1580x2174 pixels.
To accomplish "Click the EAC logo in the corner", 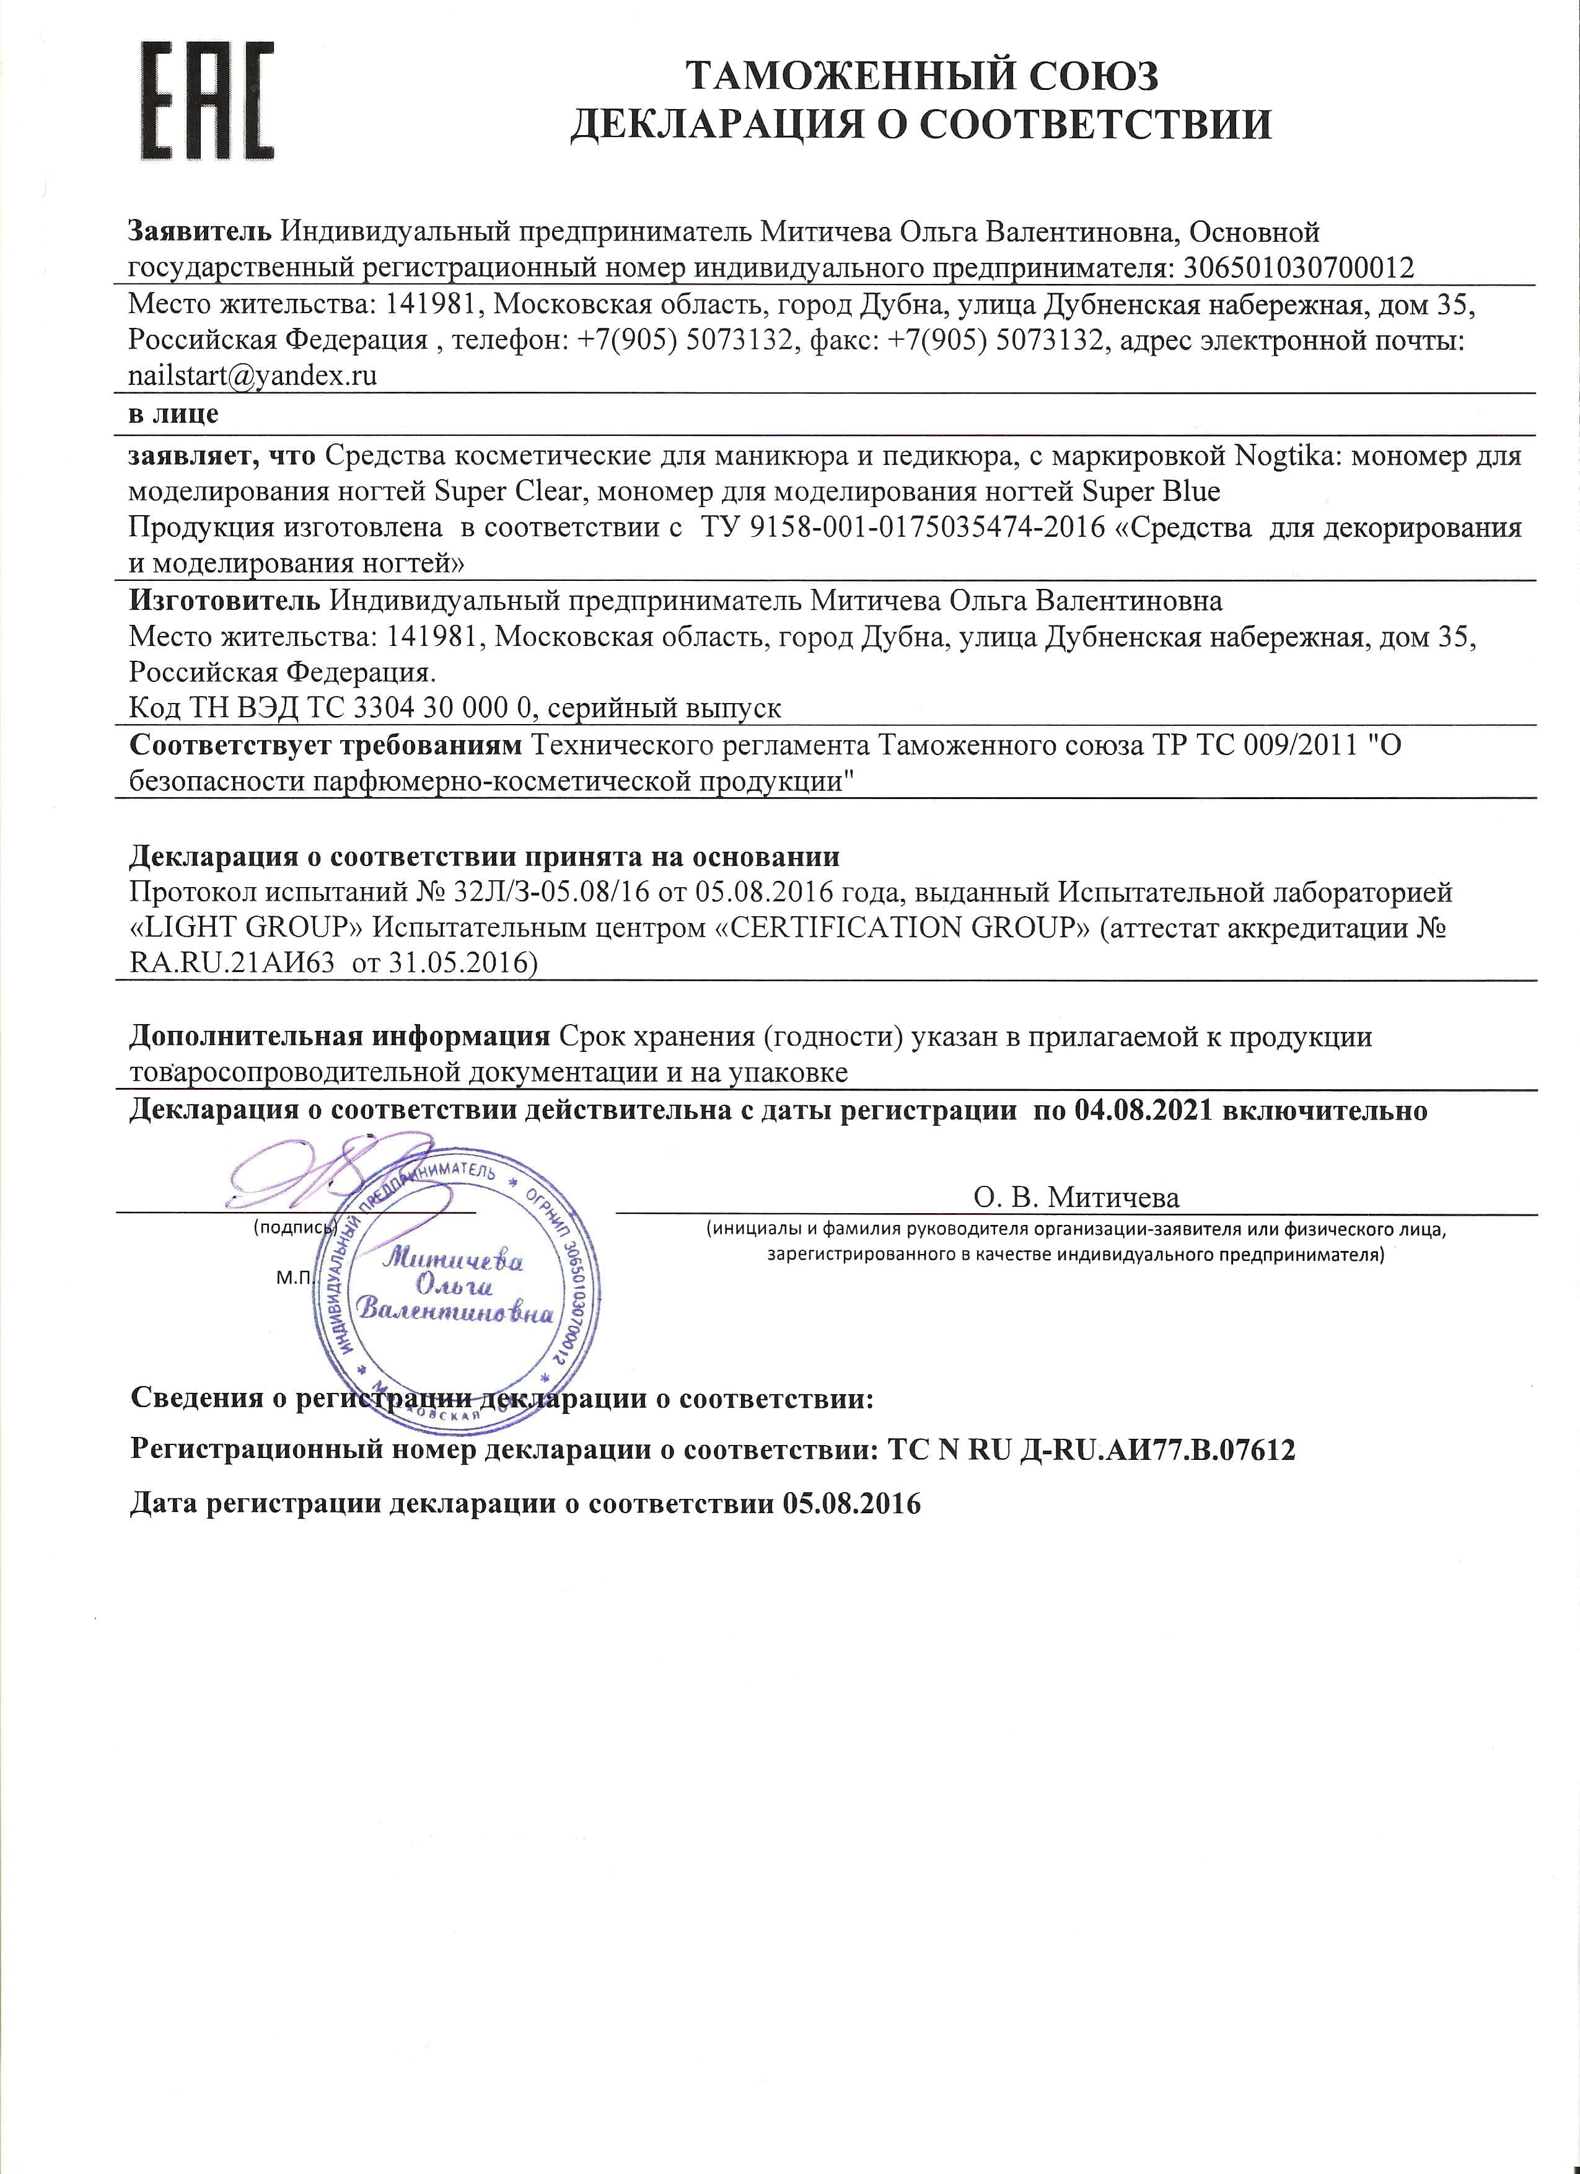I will click(x=208, y=100).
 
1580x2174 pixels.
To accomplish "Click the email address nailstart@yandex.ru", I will click(x=253, y=376).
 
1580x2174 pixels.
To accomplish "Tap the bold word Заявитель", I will click(x=200, y=232).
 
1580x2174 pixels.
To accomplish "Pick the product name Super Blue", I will click(x=1151, y=492).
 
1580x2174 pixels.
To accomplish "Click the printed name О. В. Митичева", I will click(x=1076, y=1197).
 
